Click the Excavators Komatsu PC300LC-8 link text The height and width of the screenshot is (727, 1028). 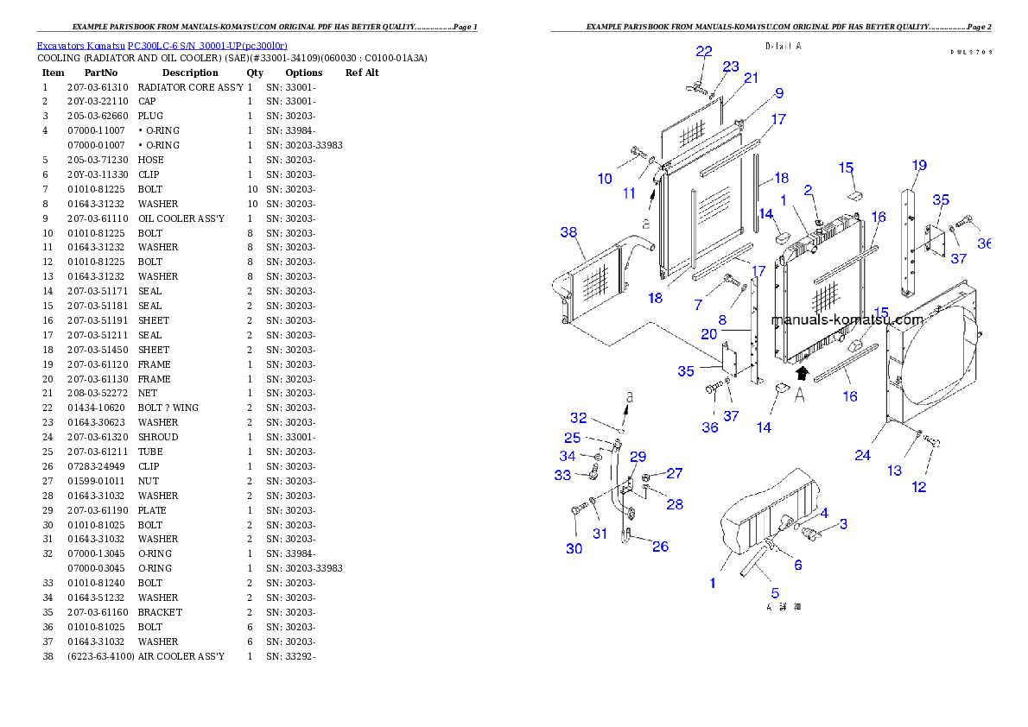pos(162,46)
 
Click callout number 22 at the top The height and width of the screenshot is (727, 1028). pos(704,51)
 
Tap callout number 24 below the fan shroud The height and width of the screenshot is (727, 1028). pos(862,455)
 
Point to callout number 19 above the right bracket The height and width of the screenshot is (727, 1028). pos(918,165)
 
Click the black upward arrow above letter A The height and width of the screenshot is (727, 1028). pos(802,373)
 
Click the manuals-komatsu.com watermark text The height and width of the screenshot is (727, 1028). pos(847,319)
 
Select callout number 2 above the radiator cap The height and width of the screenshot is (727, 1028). pos(808,189)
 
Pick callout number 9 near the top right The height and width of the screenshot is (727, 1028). pos(778,93)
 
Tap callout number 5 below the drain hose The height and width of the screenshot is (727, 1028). pos(775,593)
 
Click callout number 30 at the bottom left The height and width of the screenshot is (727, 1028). pos(574,549)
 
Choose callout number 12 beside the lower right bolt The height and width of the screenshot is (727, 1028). pos(919,487)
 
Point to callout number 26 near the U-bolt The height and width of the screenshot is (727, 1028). pos(659,547)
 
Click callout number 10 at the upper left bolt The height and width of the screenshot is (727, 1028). pos(605,179)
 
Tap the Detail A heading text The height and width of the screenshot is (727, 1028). pos(784,46)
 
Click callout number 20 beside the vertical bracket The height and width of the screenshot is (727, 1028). pos(708,333)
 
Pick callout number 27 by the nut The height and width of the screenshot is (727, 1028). pos(674,473)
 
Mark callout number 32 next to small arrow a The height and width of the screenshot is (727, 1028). pos(578,418)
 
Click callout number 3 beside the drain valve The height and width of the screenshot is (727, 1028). pos(843,523)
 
